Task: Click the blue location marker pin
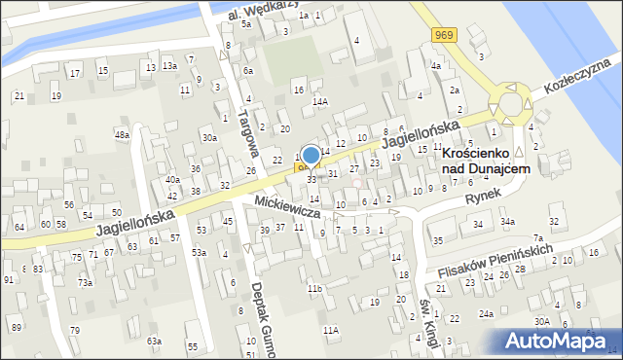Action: click(311, 156)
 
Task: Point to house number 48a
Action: click(122, 134)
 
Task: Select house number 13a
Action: click(169, 65)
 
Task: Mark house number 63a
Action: click(154, 341)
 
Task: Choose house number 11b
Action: click(313, 288)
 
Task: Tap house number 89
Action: click(16, 327)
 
